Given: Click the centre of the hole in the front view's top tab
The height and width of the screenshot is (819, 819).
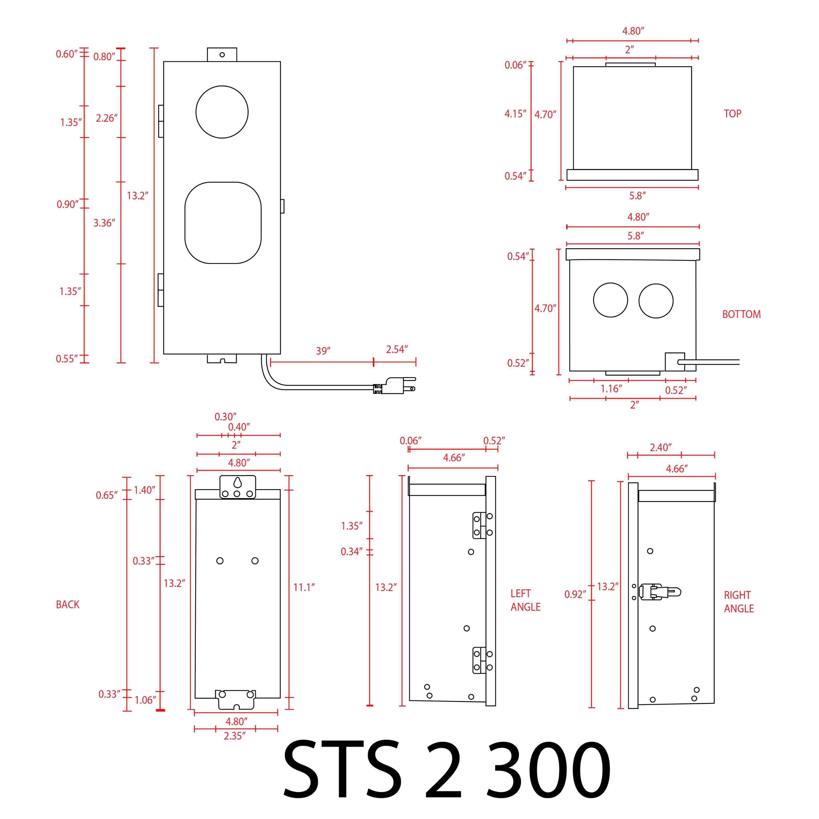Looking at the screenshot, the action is pyautogui.click(x=222, y=55).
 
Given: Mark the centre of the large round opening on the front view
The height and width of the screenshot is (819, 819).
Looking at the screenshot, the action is pyautogui.click(x=222, y=112).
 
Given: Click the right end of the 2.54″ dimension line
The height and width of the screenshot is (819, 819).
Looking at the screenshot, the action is pyautogui.click(x=416, y=362).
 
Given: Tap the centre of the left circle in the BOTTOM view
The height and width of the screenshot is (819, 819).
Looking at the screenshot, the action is pyautogui.click(x=610, y=300).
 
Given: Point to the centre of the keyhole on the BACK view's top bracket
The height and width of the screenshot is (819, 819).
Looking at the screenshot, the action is pyautogui.click(x=237, y=482).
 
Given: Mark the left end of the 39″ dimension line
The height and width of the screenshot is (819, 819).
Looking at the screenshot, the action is pyautogui.click(x=270, y=362).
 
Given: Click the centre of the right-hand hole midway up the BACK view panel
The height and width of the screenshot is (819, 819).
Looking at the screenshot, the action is pyautogui.click(x=255, y=561).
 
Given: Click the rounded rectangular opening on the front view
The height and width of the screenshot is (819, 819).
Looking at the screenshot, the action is pyautogui.click(x=223, y=223).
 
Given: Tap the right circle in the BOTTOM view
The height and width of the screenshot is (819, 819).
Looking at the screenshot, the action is pyautogui.click(x=656, y=301).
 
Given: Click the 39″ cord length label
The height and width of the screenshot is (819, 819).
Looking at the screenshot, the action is pyautogui.click(x=323, y=351).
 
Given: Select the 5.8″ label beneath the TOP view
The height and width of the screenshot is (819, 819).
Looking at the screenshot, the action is pyautogui.click(x=637, y=196).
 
